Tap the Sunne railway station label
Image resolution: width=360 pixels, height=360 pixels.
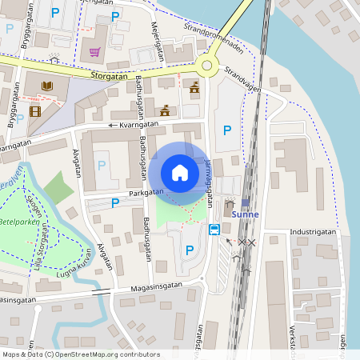[x=245, y=214]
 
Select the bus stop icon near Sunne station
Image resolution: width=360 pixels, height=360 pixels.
[x=214, y=230]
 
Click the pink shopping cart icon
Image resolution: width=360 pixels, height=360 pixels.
[x=95, y=53]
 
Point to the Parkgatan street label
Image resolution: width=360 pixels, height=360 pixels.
[x=145, y=192]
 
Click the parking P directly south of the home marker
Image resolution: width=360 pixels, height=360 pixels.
[x=189, y=250]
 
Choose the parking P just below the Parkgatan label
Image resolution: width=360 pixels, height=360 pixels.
[x=115, y=203]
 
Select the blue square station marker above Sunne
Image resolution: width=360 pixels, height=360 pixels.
[x=245, y=202]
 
